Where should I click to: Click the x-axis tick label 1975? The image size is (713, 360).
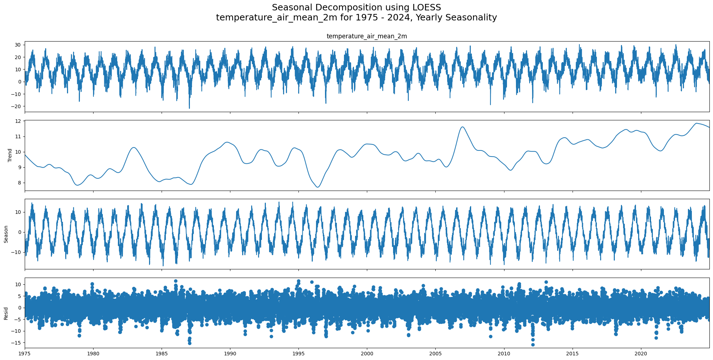pos(25,354)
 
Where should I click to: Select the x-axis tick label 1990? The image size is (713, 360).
pos(230,354)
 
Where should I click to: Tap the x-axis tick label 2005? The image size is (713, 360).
pos(435,354)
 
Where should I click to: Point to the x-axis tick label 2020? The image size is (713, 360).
pos(641,354)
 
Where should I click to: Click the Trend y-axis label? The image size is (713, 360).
pos(10,155)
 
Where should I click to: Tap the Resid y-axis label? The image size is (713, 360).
pos(6,313)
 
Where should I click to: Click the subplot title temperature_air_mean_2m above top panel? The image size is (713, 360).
pos(367,36)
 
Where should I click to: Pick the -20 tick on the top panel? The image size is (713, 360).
pos(16,106)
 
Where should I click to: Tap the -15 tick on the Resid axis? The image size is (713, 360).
pos(16,343)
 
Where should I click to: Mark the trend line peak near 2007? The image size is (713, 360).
pos(463,127)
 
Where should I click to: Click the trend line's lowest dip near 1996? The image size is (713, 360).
pos(318,187)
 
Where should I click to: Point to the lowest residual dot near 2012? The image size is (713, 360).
pos(533,345)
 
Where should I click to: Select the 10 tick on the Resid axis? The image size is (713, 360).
pos(18,284)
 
